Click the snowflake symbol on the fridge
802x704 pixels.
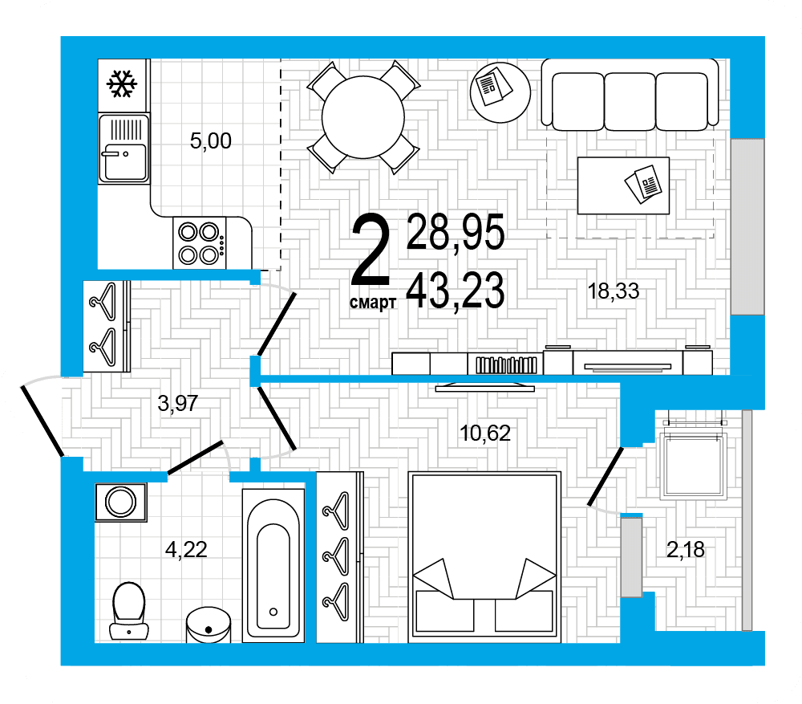tap(122, 83)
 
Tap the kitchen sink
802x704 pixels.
tap(124, 148)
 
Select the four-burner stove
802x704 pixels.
tap(200, 242)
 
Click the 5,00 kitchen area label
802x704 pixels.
tap(210, 140)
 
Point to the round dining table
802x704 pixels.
tap(363, 117)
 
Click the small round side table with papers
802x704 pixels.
tap(500, 92)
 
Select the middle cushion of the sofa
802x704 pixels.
tap(630, 101)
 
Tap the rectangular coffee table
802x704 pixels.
tap(623, 185)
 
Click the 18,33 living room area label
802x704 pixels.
tap(614, 291)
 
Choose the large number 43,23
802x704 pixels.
tap(456, 291)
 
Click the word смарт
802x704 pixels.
tap(373, 303)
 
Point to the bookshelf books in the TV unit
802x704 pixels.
tap(506, 365)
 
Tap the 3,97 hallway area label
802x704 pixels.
tap(177, 404)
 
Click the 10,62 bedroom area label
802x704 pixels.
tap(485, 433)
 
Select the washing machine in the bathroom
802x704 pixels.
tap(121, 502)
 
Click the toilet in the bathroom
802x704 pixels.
tap(129, 611)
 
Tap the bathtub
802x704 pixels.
tap(273, 565)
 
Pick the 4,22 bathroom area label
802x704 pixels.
tap(186, 549)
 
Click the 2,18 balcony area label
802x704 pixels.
tap(686, 549)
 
